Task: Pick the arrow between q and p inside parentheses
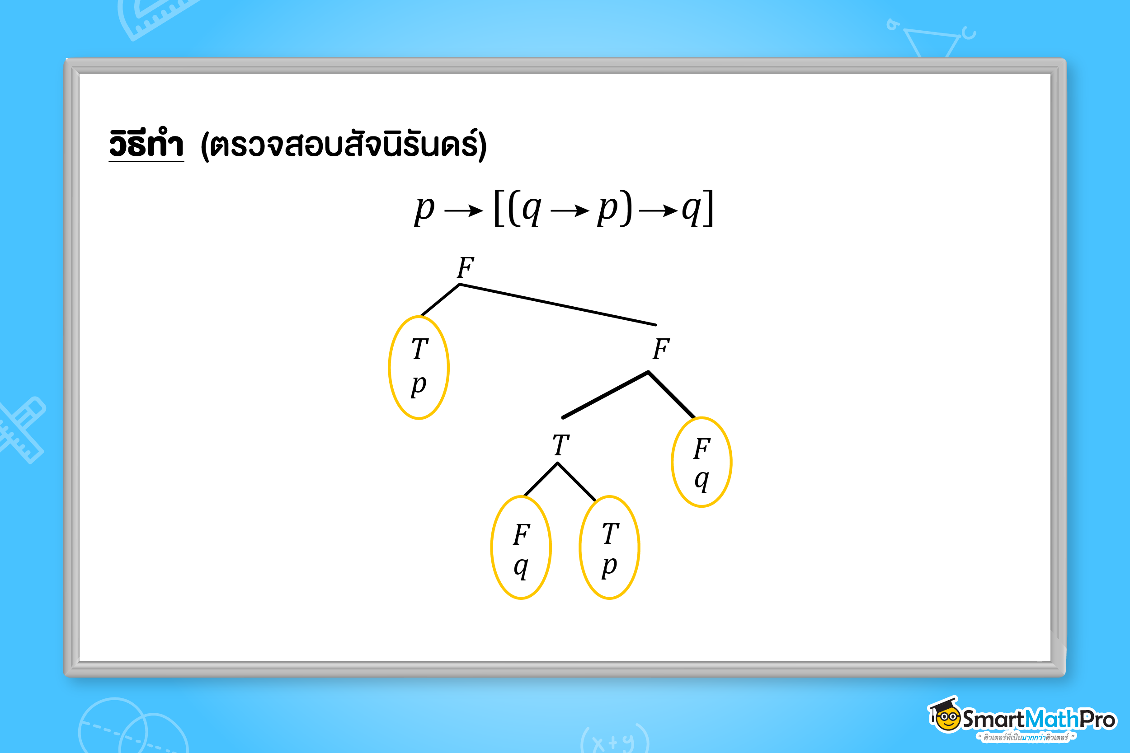[570, 210]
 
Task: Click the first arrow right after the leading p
[464, 210]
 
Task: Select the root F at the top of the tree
[465, 267]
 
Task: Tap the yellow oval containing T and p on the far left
[419, 367]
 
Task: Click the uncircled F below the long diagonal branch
[661, 349]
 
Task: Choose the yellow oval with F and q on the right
[702, 462]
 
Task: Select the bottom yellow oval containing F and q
[521, 547]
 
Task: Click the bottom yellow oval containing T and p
[609, 547]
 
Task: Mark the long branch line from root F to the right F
[557, 304]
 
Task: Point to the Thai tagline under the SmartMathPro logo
[1026, 737]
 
